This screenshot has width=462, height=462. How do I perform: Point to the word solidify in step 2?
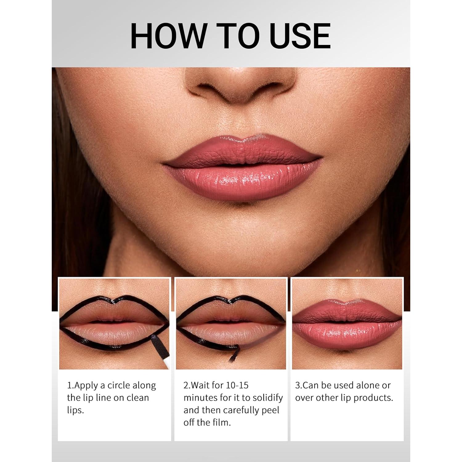point(267,398)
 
